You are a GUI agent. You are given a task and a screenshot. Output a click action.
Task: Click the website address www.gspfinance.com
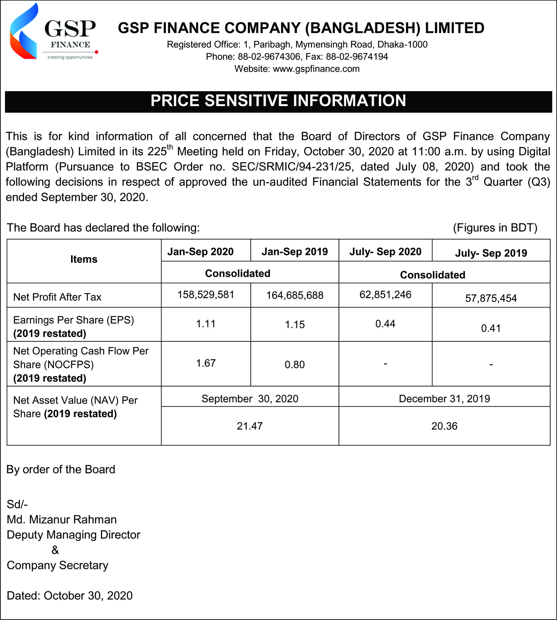[x=316, y=69]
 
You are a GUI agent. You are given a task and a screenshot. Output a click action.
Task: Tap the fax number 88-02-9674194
[x=357, y=57]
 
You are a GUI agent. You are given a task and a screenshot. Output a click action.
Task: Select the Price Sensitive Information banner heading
[x=278, y=101]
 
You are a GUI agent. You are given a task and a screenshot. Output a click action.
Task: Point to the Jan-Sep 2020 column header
[x=201, y=252]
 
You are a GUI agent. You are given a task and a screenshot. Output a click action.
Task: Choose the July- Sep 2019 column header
[x=491, y=253]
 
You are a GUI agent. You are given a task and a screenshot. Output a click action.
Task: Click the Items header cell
[x=84, y=259]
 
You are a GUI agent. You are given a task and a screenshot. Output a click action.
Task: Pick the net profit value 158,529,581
[x=206, y=295]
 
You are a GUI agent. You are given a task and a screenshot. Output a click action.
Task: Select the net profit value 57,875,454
[x=491, y=298]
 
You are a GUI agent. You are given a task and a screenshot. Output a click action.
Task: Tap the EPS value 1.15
[x=295, y=325]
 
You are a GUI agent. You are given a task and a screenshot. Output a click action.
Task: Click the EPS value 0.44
[x=385, y=324]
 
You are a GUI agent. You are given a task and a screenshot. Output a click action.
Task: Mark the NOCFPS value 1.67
[x=206, y=363]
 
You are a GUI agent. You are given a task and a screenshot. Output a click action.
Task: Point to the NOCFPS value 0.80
[x=295, y=365]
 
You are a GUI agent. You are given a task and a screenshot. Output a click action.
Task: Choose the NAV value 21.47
[x=250, y=426]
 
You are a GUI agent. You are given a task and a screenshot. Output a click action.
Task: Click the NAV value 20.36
[x=444, y=426]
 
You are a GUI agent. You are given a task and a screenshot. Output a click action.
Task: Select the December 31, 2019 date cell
[x=444, y=399]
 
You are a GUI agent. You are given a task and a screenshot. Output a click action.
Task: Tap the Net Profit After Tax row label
[x=57, y=297]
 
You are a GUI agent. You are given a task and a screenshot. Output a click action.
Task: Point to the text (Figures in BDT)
[x=495, y=228]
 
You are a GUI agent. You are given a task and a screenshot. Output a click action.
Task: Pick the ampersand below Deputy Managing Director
[x=55, y=550]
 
